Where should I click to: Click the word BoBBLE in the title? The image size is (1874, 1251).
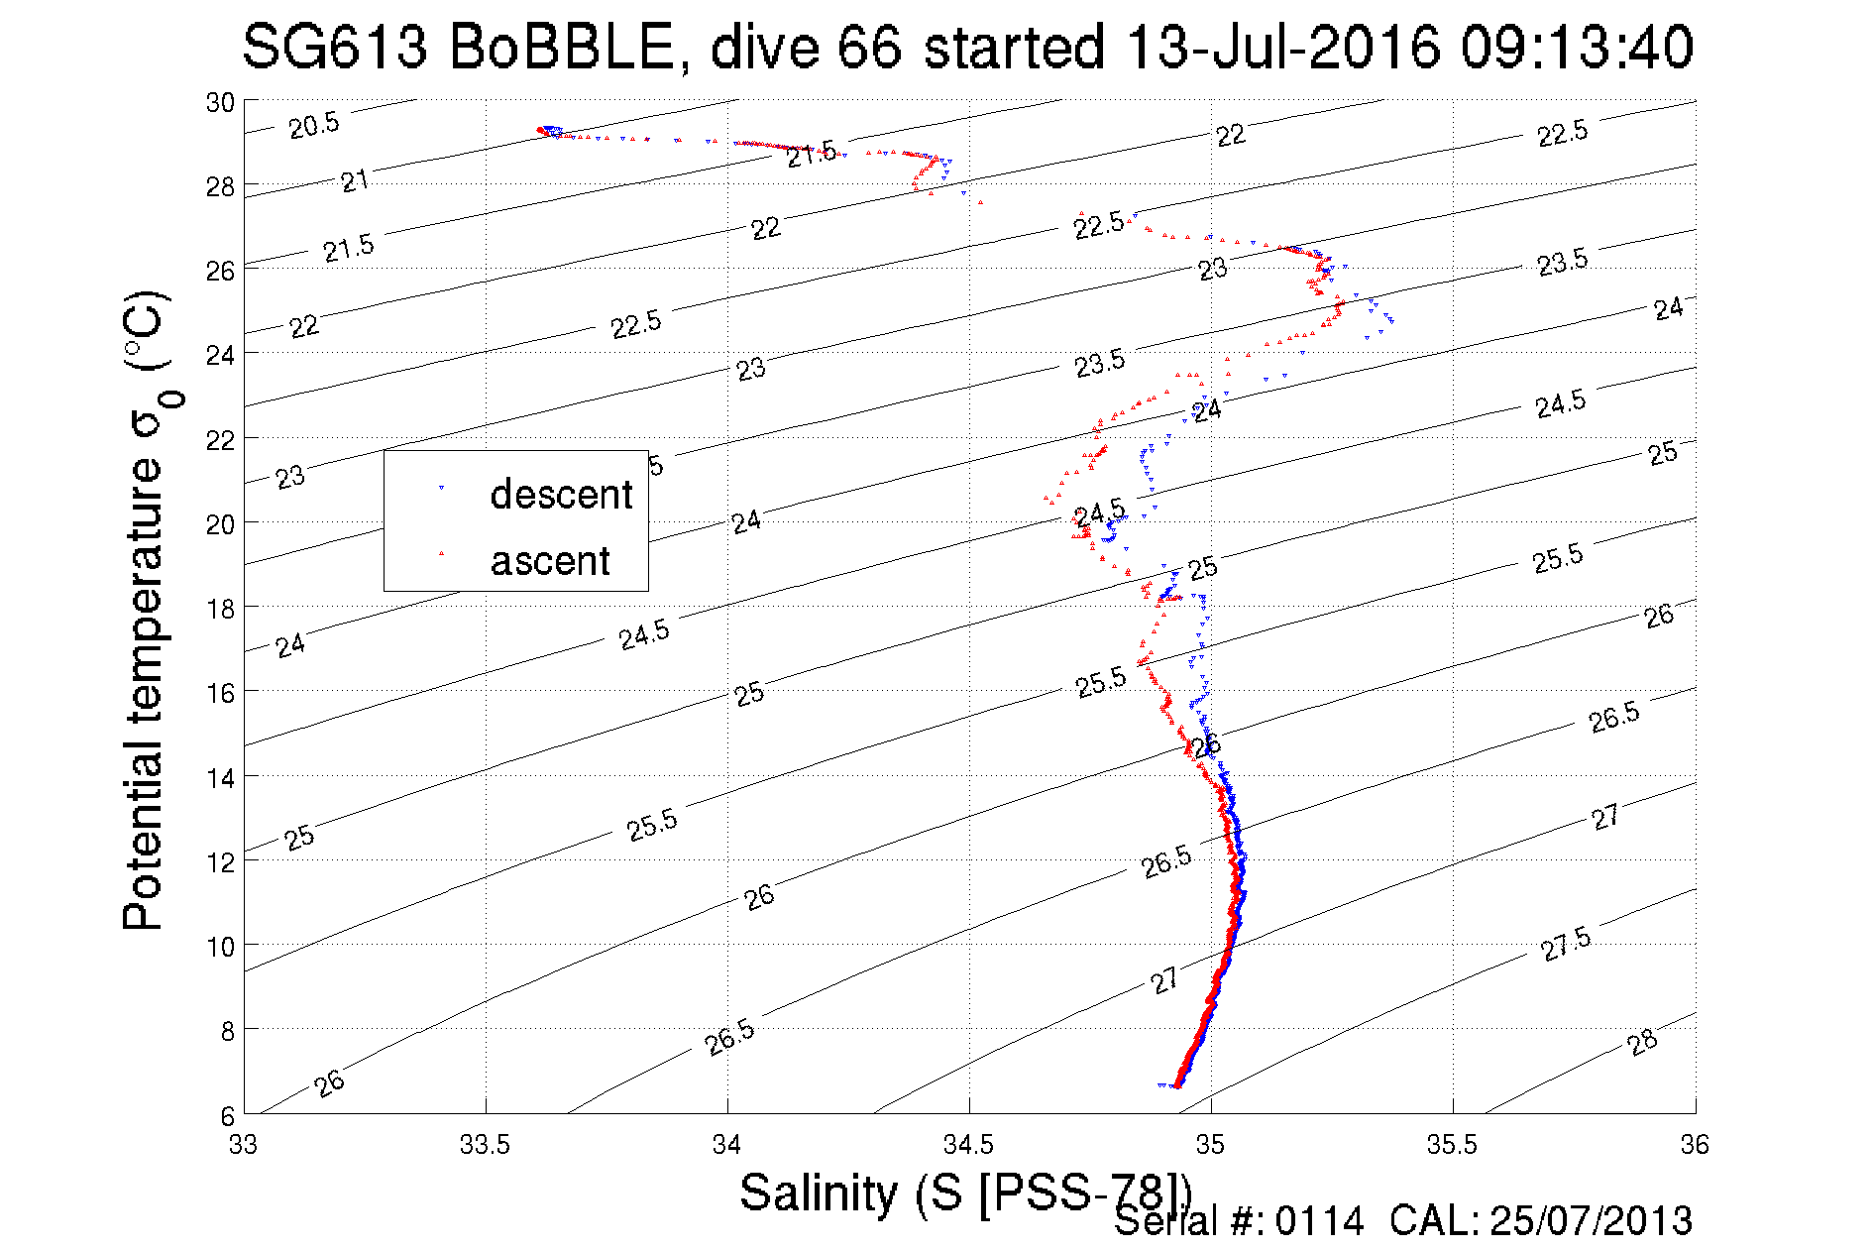point(561,47)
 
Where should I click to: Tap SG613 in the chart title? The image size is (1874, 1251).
point(335,47)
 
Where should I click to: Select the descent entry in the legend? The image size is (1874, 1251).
point(560,494)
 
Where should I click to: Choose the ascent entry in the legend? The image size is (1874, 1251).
point(550,561)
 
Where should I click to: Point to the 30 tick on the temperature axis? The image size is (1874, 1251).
point(220,102)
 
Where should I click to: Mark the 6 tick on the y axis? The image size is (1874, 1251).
point(227,1115)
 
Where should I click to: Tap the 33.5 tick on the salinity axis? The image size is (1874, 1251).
point(485,1145)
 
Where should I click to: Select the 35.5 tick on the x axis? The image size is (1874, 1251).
point(1452,1145)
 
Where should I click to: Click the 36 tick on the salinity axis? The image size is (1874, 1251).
point(1694,1145)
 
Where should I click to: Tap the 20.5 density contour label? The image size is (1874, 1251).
point(314,126)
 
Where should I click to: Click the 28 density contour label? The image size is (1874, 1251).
point(1642,1042)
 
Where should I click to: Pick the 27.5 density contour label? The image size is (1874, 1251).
point(1566,944)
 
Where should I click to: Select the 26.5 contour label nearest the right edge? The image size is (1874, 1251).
point(1614,717)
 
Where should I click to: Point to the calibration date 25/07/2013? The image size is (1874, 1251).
point(1591,1221)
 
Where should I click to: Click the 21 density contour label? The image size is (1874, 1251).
point(355,181)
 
